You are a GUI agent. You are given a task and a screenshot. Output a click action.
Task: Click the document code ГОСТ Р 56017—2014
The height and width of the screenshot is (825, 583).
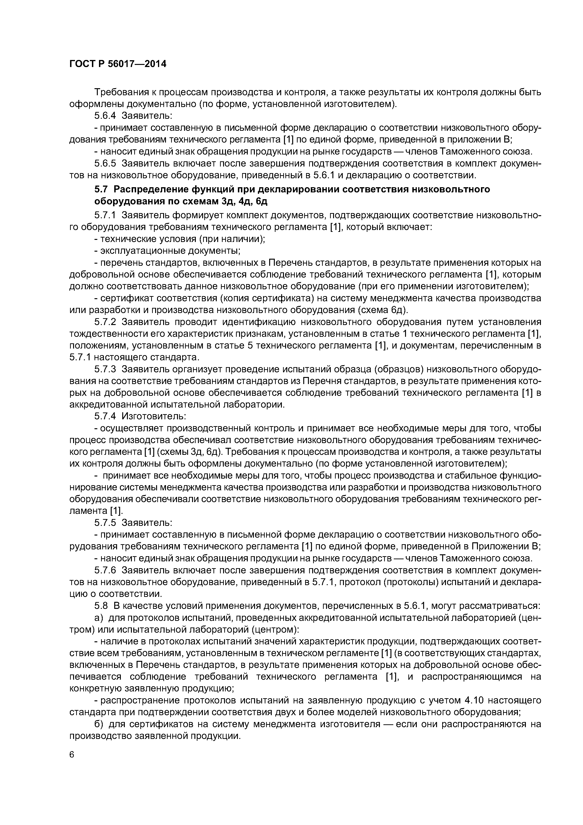click(118, 64)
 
